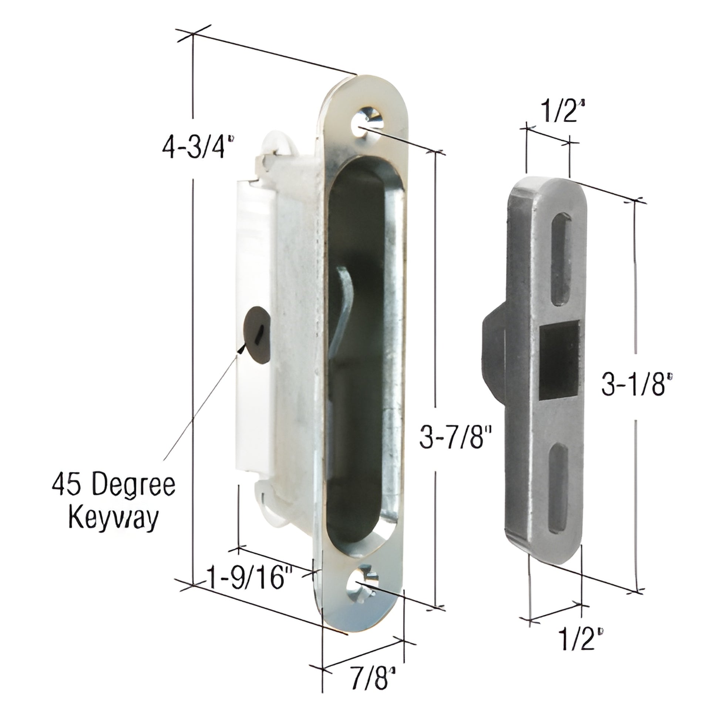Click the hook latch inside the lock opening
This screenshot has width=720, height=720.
[344, 317]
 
